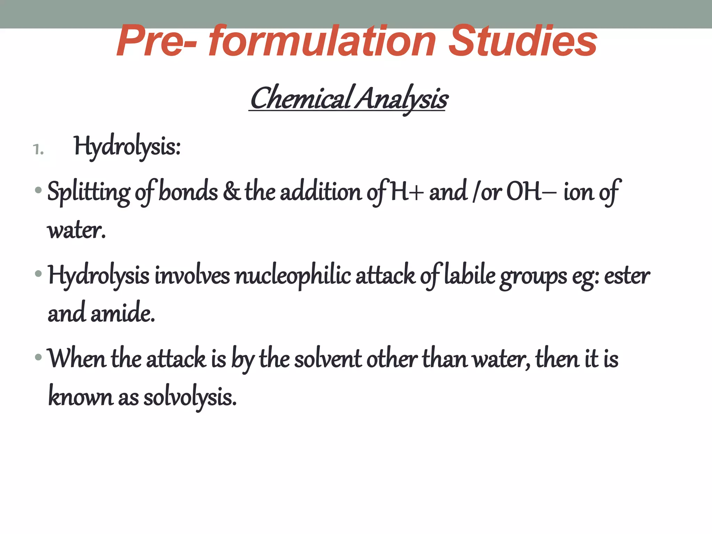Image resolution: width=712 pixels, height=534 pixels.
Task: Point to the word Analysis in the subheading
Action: pyautogui.click(x=402, y=99)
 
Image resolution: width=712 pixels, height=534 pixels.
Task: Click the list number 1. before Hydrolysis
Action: pyautogui.click(x=38, y=150)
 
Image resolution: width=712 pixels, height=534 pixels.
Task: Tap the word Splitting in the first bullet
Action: pyautogui.click(x=89, y=192)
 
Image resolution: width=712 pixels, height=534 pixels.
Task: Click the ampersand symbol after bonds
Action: pyautogui.click(x=231, y=191)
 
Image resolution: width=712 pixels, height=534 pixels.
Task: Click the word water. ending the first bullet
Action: pyautogui.click(x=76, y=230)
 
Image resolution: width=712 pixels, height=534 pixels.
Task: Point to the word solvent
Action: pyautogui.click(x=328, y=359)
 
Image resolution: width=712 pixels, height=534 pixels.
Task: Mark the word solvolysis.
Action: pyautogui.click(x=190, y=397)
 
